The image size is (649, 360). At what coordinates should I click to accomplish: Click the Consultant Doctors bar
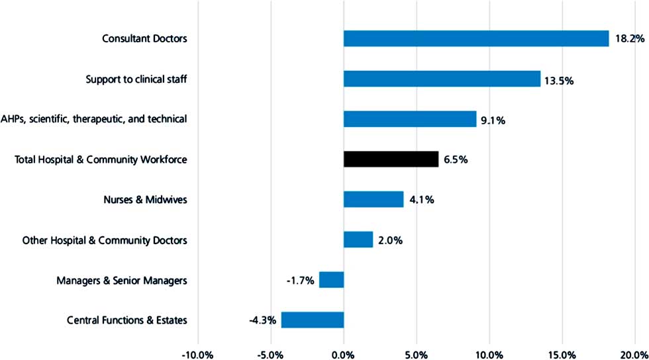pos(475,38)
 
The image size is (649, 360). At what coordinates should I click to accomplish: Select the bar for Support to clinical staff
pos(442,79)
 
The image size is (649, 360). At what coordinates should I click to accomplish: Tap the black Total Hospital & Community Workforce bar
pos(391,159)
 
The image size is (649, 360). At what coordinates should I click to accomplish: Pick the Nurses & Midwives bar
pos(374,199)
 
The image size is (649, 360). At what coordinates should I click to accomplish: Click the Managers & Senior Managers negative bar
pos(331,280)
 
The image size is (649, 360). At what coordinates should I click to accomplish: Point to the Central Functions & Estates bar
pos(312,320)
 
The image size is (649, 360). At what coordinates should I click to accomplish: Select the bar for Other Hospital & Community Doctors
pos(358,240)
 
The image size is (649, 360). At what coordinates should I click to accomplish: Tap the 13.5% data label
pos(559,81)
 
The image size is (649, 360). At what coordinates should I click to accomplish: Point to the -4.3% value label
pos(262,321)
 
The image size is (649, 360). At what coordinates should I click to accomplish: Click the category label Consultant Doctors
pos(144,38)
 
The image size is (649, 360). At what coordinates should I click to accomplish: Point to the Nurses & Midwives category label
pos(145,199)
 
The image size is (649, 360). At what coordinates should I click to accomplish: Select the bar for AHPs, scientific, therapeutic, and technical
pos(410,119)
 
